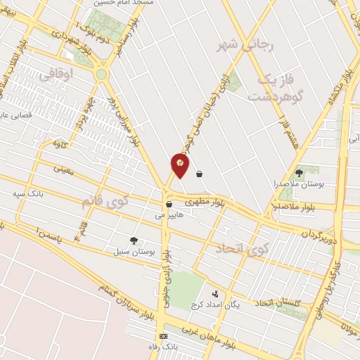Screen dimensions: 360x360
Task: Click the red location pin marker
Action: (180, 165)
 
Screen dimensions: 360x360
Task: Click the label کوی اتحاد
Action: (243, 249)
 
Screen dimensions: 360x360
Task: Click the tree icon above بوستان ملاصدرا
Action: (300, 172)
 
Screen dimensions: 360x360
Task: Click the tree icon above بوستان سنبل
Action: (134, 240)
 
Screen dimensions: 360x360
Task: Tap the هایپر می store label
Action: (170, 215)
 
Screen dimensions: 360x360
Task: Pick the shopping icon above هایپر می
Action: (169, 205)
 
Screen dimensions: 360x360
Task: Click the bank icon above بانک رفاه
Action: (164, 337)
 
